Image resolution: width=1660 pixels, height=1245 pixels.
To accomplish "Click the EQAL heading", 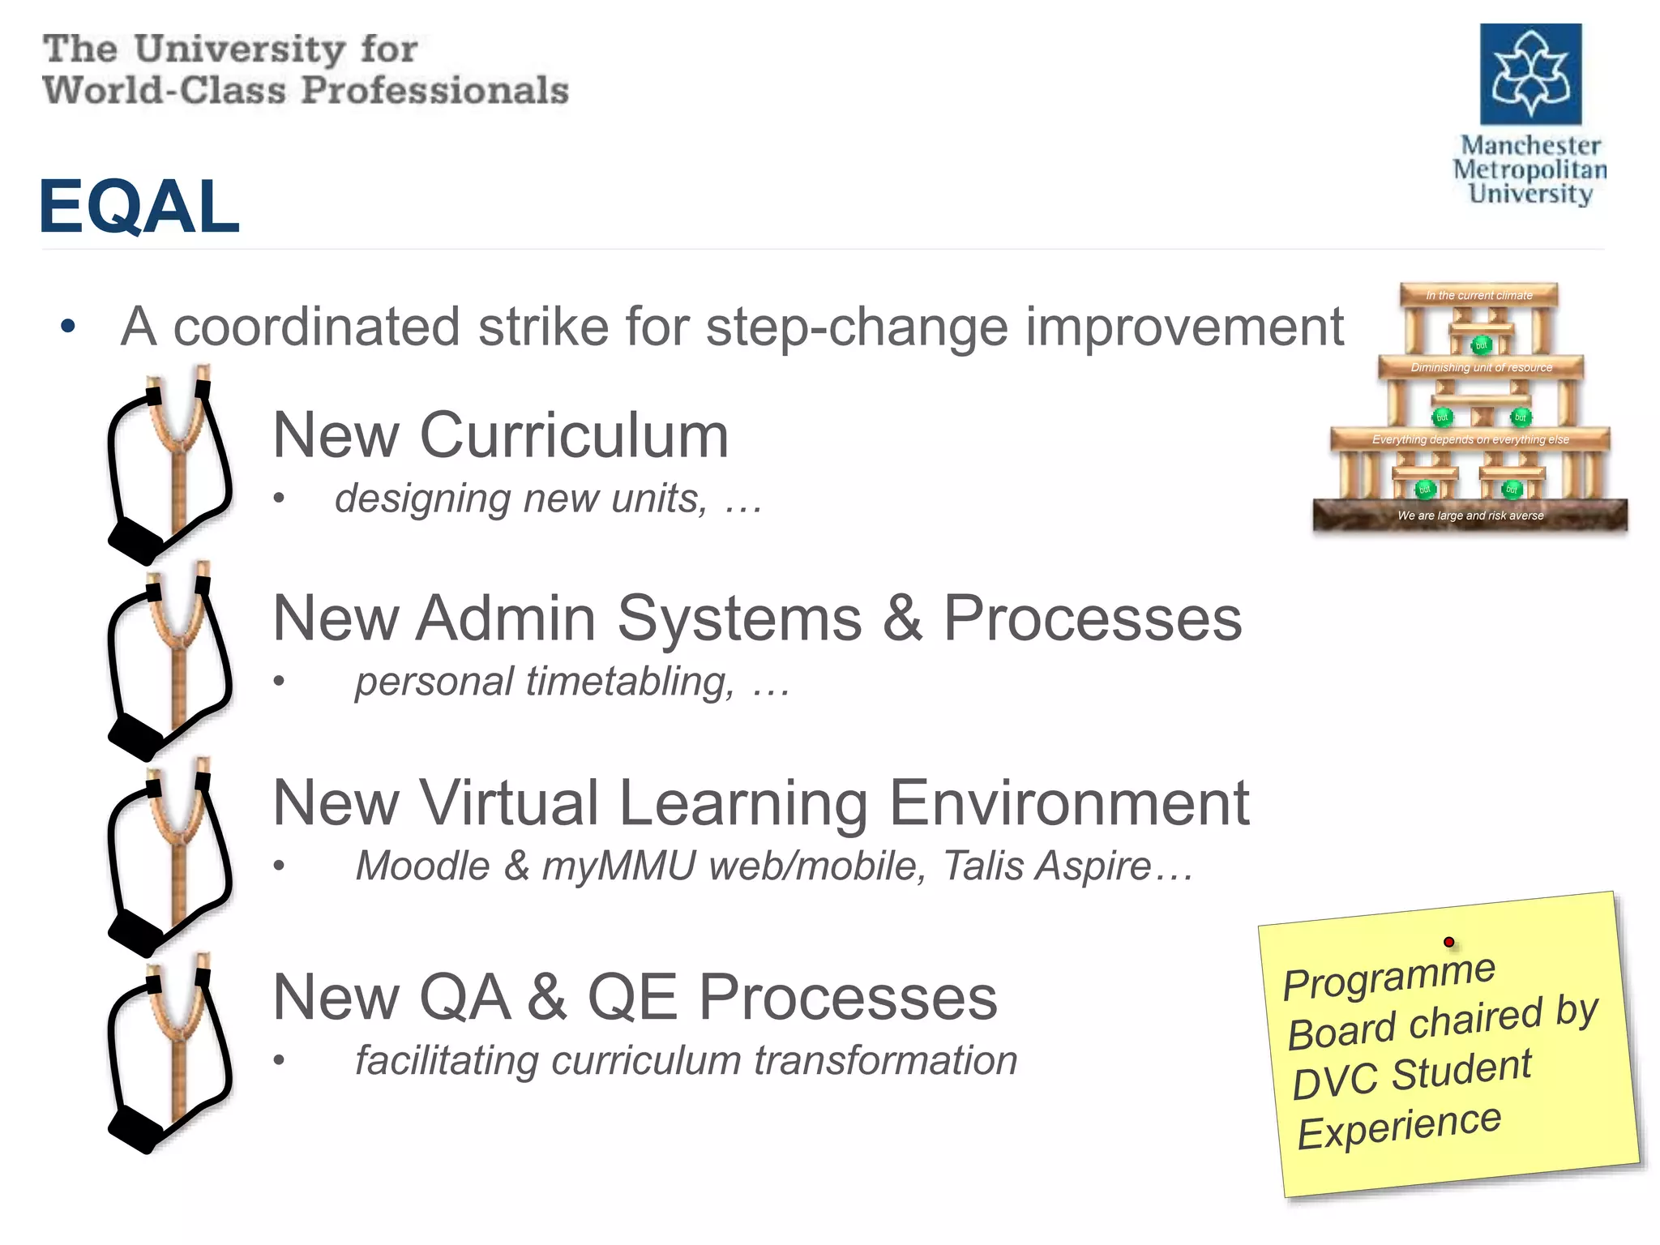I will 139,207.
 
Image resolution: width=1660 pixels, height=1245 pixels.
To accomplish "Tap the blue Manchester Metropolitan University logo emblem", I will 1530,75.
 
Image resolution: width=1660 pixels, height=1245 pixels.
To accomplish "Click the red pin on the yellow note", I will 1448,942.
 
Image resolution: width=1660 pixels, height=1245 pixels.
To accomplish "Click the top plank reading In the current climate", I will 1479,295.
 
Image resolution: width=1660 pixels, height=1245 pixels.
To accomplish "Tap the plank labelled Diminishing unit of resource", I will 1481,367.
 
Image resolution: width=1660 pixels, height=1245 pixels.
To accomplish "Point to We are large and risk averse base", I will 1470,516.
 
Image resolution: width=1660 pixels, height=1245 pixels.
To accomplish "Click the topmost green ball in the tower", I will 1481,345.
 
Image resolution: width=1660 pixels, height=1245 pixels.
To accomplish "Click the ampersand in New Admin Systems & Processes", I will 902,619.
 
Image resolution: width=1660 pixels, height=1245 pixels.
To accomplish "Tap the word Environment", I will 1069,803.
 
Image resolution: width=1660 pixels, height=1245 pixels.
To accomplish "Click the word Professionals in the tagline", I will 434,90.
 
